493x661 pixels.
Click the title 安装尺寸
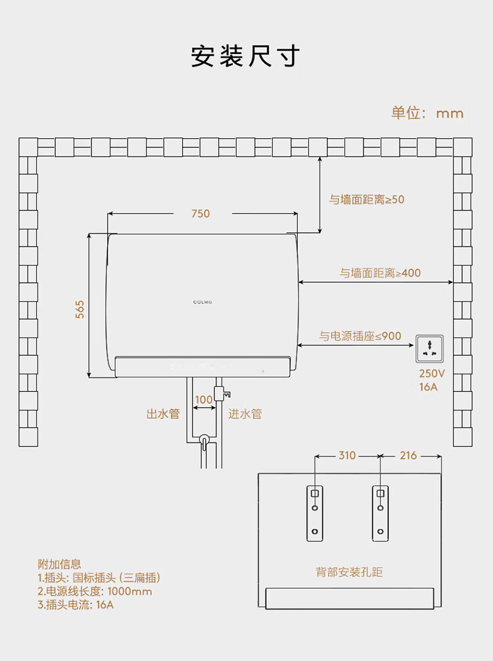[246, 56]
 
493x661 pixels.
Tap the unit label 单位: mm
[427, 113]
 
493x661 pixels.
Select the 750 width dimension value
[200, 213]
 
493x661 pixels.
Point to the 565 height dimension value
[80, 309]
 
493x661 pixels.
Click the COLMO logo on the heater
[202, 301]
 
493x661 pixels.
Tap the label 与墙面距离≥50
[367, 199]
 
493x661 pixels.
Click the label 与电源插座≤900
[360, 336]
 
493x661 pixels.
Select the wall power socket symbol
[431, 349]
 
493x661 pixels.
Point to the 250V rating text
[432, 373]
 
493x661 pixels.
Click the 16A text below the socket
[428, 387]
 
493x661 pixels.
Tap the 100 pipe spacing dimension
[204, 399]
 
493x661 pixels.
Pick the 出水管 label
[162, 414]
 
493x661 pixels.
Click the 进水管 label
[245, 414]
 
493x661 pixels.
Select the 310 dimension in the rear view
[346, 455]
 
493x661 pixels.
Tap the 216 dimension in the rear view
[408, 455]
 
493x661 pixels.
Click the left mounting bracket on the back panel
[315, 513]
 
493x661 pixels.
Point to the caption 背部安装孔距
[349, 572]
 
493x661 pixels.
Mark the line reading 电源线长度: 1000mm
[95, 591]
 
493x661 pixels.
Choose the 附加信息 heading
[60, 564]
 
